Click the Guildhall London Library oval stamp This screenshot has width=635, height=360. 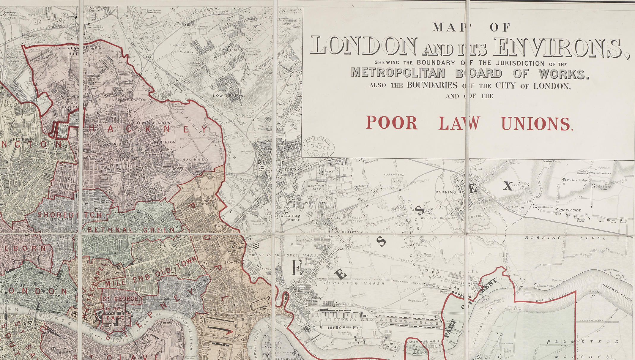[x=319, y=147]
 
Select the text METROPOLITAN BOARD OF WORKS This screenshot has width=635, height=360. [x=469, y=73]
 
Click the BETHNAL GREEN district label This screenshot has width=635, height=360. [x=131, y=230]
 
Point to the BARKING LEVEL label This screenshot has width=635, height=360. [x=565, y=238]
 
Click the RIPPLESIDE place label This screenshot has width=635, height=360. [x=570, y=210]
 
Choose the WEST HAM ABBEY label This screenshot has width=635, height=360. [x=290, y=218]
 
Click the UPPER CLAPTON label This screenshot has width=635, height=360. [x=129, y=100]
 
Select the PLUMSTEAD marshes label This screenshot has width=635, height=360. [x=582, y=342]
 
